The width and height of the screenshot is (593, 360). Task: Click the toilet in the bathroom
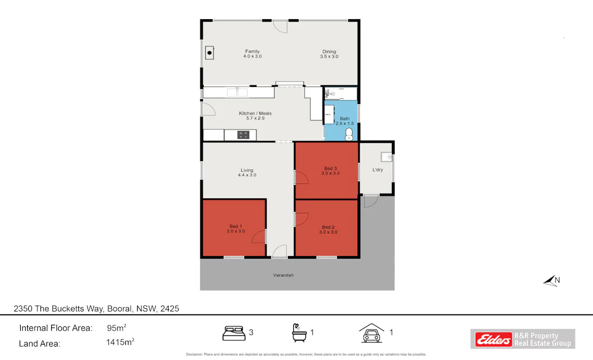[x=349, y=134]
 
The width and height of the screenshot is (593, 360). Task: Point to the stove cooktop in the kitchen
[x=243, y=135]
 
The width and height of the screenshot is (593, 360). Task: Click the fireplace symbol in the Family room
[x=210, y=52]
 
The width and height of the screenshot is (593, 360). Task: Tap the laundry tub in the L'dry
[x=386, y=157]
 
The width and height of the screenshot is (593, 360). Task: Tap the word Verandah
[x=283, y=275]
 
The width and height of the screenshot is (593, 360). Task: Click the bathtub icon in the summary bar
[x=299, y=333]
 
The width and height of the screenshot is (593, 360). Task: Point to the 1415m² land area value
[x=120, y=343]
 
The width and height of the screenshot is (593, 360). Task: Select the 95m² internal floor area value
[x=117, y=328]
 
